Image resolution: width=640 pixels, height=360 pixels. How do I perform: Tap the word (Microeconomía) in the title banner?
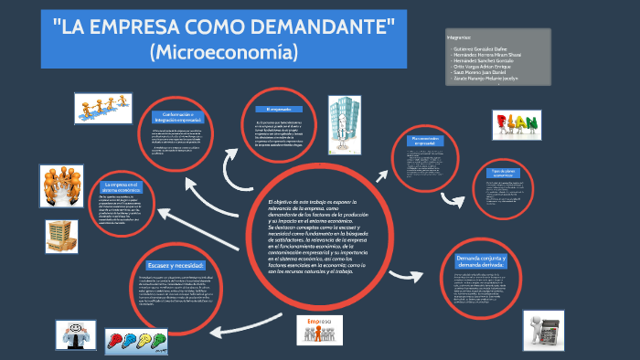click(x=224, y=53)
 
